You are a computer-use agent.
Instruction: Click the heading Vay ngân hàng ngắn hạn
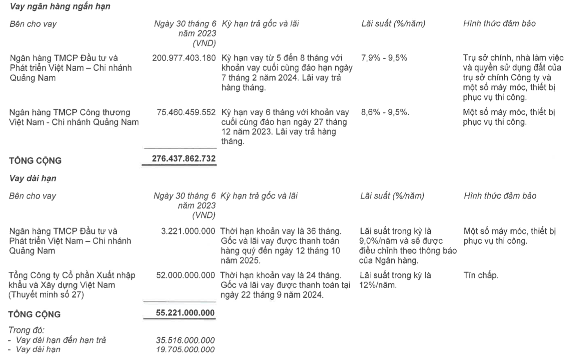pyautogui.click(x=60, y=7)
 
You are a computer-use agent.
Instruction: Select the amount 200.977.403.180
pyautogui.click(x=184, y=58)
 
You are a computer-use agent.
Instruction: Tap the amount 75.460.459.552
pyautogui.click(x=186, y=112)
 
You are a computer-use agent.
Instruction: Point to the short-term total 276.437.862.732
pyautogui.click(x=184, y=159)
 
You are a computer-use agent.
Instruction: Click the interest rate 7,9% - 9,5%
pyautogui.click(x=384, y=58)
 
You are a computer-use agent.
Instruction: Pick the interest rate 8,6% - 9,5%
pyautogui.click(x=385, y=112)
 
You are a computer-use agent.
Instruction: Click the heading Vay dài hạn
pyautogui.click(x=33, y=178)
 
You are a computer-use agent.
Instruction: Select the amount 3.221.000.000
pyautogui.click(x=188, y=231)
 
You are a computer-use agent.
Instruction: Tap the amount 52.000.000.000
pyautogui.click(x=185, y=275)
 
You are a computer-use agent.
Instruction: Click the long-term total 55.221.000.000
pyautogui.click(x=185, y=313)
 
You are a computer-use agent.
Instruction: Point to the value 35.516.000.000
pyautogui.click(x=185, y=340)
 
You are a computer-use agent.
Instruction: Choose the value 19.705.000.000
pyautogui.click(x=185, y=350)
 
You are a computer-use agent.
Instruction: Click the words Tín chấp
pyautogui.click(x=481, y=275)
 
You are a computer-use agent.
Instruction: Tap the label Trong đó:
pyautogui.click(x=26, y=330)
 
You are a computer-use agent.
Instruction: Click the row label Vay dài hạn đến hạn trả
pyautogui.click(x=61, y=340)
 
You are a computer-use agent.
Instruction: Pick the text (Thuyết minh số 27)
pyautogui.click(x=46, y=295)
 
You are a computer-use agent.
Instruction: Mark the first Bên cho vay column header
pyautogui.click(x=33, y=24)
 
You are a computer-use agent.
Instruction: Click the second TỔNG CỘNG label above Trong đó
pyautogui.click(x=34, y=314)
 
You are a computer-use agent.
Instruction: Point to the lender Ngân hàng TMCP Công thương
pyautogui.click(x=70, y=112)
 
